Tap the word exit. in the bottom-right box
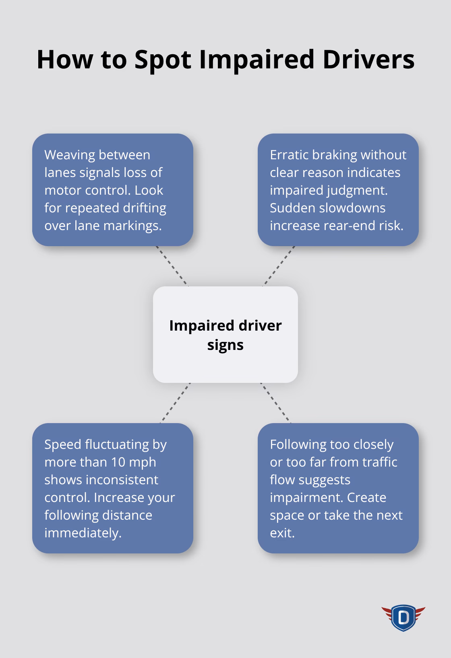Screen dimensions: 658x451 [282, 533]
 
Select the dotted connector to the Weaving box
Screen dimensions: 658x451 [172, 266]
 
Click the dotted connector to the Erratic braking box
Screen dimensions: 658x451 [279, 266]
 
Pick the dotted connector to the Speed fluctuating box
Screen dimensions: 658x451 [175, 403]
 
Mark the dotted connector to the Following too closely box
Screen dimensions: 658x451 [275, 403]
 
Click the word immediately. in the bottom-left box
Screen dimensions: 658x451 [83, 533]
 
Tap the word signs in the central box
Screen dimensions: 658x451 [225, 345]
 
